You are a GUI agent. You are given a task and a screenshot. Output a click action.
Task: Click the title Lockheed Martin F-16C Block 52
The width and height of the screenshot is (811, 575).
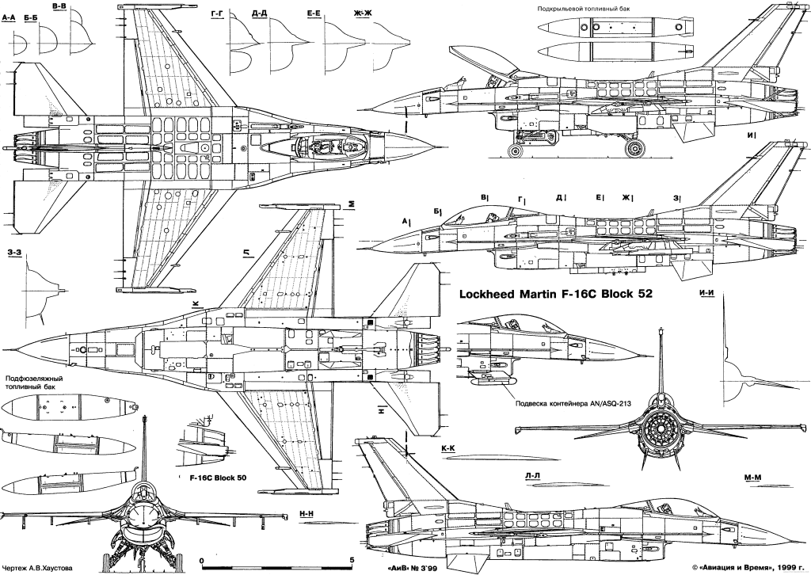556,294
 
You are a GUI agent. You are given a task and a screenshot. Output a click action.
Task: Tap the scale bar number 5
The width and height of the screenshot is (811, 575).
352,561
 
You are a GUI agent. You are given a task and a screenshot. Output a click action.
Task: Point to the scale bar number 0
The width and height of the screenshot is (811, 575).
201,561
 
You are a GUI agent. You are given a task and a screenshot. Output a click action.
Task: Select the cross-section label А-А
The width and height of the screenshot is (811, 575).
9,17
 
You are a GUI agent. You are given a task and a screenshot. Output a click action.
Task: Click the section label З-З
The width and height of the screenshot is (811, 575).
14,253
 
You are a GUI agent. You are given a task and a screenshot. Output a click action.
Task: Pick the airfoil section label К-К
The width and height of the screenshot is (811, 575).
448,447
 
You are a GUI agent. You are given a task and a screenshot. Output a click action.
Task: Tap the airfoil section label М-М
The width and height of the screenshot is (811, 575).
752,478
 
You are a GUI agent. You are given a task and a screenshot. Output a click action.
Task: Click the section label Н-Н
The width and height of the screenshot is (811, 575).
307,513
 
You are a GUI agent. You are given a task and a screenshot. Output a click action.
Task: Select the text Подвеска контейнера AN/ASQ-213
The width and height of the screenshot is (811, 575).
573,404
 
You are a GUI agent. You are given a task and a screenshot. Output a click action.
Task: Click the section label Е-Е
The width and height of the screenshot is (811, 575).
313,14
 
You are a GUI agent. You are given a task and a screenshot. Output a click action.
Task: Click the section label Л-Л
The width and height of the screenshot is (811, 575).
532,474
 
